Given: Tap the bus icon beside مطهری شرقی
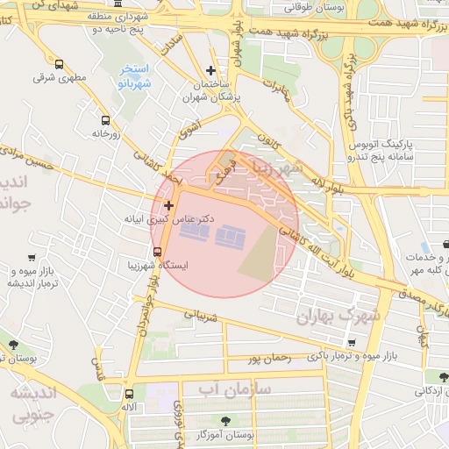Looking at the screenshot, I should tap(59, 65).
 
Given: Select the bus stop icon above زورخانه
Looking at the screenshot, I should tap(106, 120).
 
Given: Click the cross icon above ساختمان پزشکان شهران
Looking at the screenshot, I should tap(210, 70).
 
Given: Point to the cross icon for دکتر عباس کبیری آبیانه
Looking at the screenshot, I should tap(168, 205).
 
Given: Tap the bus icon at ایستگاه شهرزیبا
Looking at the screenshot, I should tap(157, 252).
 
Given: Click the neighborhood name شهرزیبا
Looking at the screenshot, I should tap(276, 167).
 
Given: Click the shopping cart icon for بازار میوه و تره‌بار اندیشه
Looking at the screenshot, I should tap(32, 258).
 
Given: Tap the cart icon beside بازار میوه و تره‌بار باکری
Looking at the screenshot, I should tap(352, 343).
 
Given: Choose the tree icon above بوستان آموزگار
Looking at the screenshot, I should tap(227, 420).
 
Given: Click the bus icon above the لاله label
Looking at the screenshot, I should tap(130, 395).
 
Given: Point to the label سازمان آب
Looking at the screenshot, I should tap(235, 388).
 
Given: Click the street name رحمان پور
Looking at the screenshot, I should tap(268, 358).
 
